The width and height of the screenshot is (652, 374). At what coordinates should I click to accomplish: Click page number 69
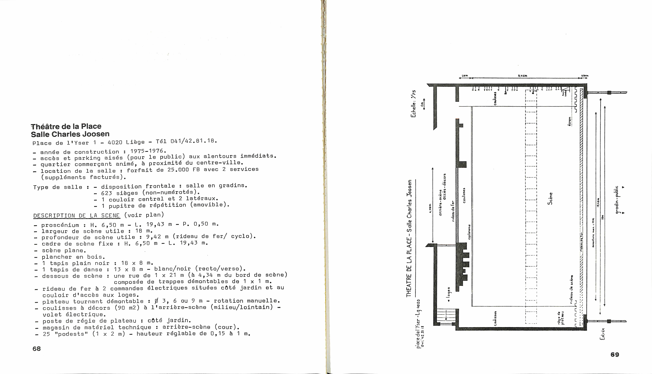[x=615, y=355]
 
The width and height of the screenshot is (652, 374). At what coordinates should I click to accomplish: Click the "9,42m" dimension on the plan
[x=523, y=76]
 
